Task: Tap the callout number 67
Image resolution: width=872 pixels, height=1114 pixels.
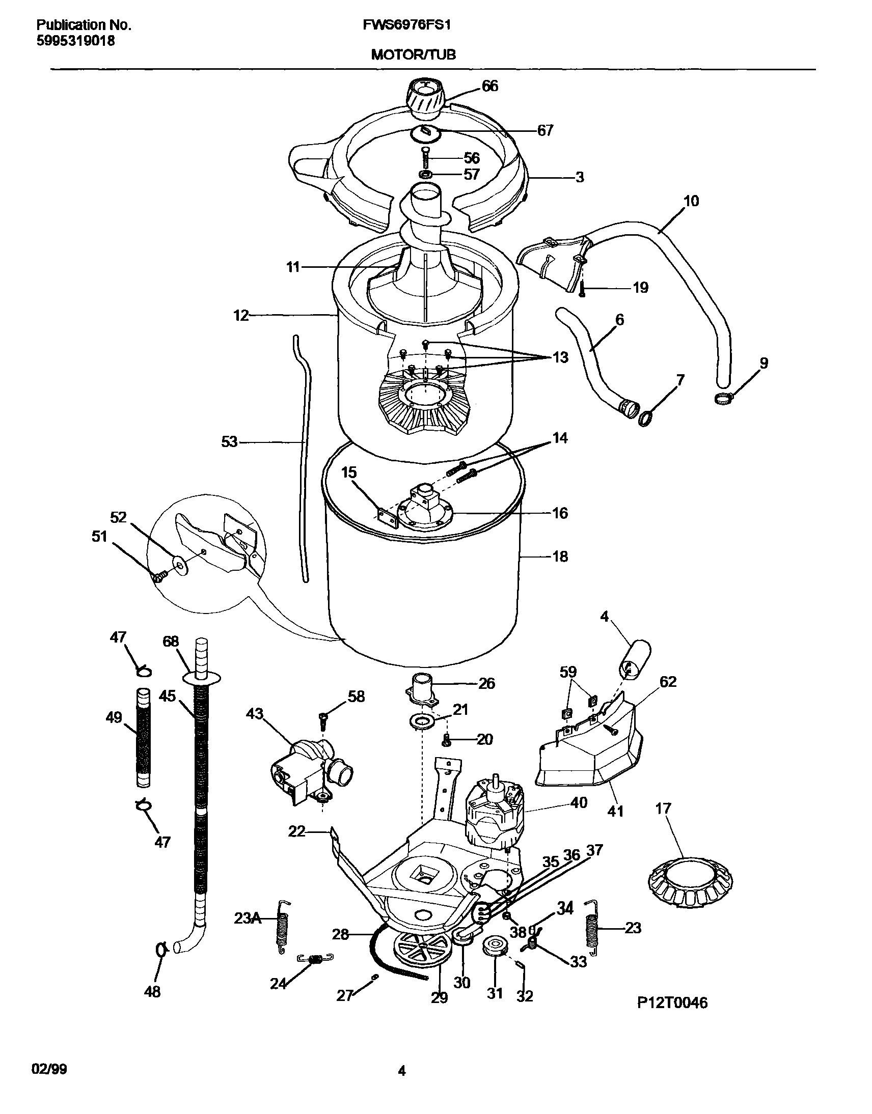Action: (546, 131)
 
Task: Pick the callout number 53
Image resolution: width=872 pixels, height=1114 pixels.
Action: (229, 441)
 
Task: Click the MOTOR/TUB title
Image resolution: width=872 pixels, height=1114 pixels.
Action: (413, 54)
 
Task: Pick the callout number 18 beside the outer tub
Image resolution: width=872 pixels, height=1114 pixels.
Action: (560, 556)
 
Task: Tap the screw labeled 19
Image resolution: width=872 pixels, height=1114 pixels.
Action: (582, 289)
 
